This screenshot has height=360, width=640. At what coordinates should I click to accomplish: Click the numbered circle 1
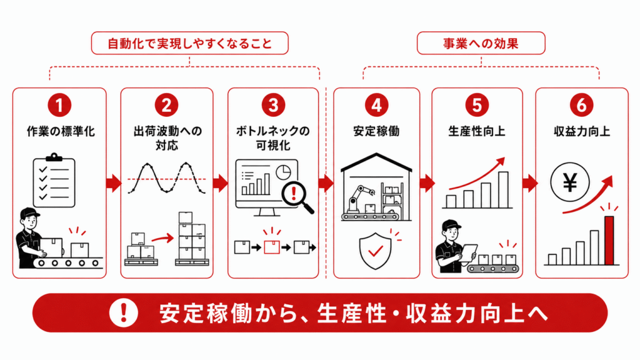[x=59, y=105]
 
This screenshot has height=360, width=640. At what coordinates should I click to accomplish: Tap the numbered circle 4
[x=376, y=105]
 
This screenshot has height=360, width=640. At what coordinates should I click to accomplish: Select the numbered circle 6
[x=581, y=105]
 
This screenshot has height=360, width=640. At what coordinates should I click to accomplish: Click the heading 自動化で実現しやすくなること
[x=190, y=44]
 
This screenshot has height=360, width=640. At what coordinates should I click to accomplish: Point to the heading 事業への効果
[x=481, y=44]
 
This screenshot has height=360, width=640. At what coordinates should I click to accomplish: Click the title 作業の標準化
[x=61, y=131]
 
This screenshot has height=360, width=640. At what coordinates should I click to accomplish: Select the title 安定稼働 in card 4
[x=376, y=131]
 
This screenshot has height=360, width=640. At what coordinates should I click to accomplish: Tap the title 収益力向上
[x=582, y=131]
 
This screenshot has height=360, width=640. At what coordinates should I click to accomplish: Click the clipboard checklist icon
[x=54, y=181]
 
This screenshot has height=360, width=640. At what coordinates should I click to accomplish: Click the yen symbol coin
[x=570, y=182]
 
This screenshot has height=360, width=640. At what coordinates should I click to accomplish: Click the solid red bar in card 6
[x=609, y=241]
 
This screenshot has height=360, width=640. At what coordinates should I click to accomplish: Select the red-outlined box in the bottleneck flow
[x=272, y=247]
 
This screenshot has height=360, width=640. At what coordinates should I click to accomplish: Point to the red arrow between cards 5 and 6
[x=530, y=183]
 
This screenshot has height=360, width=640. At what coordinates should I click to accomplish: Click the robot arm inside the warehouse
[x=358, y=199]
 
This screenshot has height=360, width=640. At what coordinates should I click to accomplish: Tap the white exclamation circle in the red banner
[x=123, y=312]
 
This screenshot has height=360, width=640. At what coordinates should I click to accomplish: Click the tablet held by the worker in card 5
[x=469, y=252]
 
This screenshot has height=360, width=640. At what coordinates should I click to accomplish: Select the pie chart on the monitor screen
[x=283, y=172]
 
